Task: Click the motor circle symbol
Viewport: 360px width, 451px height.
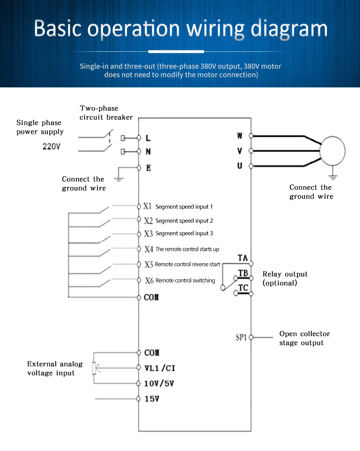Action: tap(333, 151)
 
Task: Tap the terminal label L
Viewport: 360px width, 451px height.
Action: tap(148, 138)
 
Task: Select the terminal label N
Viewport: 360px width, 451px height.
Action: tap(148, 152)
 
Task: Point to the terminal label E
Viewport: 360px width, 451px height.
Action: tap(148, 168)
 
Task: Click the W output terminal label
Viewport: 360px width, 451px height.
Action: tap(240, 136)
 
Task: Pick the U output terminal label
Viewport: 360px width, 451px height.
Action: tap(240, 166)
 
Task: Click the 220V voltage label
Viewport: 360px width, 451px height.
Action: tap(51, 146)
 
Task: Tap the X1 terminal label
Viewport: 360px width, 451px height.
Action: tap(147, 206)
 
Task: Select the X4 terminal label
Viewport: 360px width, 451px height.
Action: tap(149, 249)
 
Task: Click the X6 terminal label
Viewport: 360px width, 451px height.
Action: tap(149, 281)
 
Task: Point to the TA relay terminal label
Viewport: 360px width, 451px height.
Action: tap(243, 258)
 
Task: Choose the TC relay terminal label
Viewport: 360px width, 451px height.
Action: tap(243, 288)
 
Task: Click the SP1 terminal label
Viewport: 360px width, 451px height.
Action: tap(241, 337)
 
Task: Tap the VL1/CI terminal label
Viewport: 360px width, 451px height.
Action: tap(159, 368)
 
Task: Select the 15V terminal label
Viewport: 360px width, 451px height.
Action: tap(152, 399)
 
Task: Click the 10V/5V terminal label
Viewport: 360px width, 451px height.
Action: tap(159, 383)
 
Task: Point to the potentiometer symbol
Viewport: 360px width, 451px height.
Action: tap(94, 368)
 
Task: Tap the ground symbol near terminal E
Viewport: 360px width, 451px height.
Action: tap(119, 179)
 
